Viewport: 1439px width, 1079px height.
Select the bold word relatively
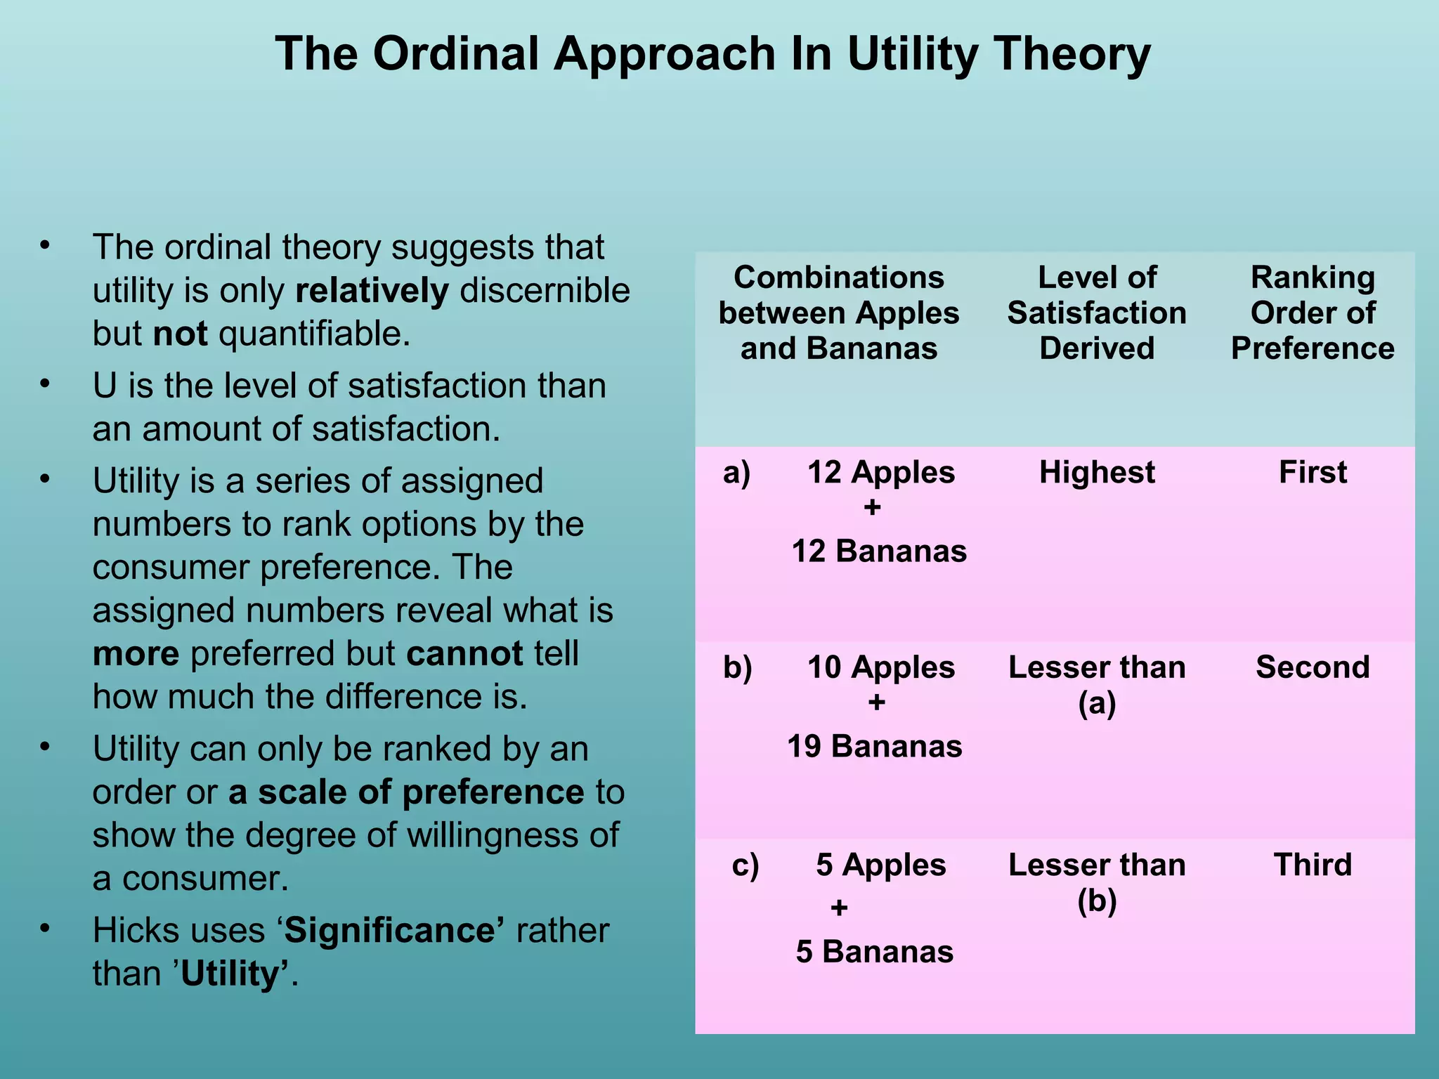coord(372,291)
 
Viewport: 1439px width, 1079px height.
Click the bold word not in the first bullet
coord(180,334)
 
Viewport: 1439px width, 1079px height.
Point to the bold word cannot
coord(464,654)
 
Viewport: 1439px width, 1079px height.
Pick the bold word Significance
coord(393,931)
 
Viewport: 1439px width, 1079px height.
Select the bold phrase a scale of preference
coord(406,792)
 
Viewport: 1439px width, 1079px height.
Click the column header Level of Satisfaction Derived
coord(1097,313)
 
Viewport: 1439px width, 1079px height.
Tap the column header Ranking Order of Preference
coord(1313,313)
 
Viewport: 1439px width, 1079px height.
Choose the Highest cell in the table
coord(1097,472)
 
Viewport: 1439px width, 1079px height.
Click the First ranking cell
coord(1313,472)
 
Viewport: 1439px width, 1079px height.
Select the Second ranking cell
coord(1313,667)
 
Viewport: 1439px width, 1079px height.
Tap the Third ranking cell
coord(1313,865)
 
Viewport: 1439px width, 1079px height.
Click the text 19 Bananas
coord(874,746)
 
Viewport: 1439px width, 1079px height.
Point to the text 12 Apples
coord(880,472)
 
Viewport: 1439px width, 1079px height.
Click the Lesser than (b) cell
coord(1097,882)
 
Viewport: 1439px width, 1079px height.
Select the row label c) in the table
coord(745,865)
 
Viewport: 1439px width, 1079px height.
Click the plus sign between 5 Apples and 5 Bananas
coord(839,908)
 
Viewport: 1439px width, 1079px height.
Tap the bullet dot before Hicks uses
coord(45,929)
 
